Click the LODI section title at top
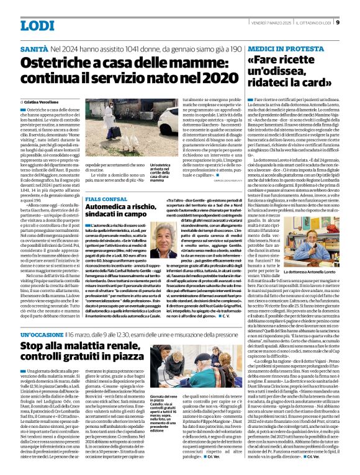(x=38, y=25)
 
